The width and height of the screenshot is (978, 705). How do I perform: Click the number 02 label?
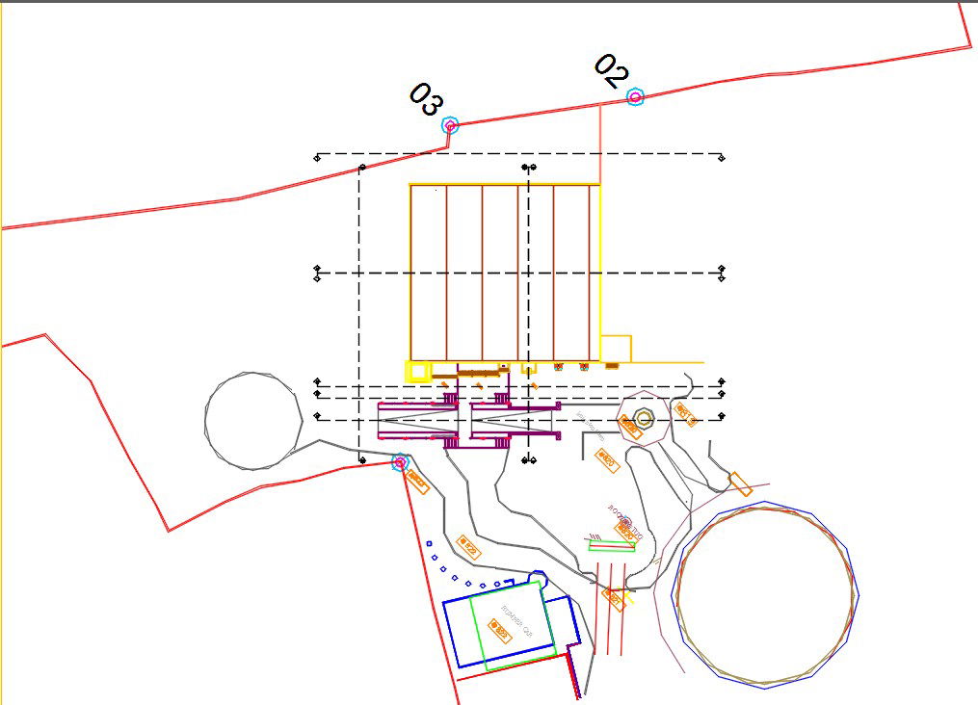click(x=611, y=70)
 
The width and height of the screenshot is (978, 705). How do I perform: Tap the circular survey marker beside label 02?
click(x=634, y=96)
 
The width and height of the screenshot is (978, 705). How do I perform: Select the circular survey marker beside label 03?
click(x=449, y=125)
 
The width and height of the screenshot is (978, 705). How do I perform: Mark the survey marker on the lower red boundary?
click(x=400, y=463)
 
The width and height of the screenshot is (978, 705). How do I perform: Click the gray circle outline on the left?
click(x=253, y=421)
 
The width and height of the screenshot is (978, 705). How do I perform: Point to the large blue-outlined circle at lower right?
click(x=767, y=594)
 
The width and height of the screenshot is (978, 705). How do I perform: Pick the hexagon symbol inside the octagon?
click(x=645, y=418)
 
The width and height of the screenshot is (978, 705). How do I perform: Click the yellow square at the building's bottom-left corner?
click(x=417, y=371)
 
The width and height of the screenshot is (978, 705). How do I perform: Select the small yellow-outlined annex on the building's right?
click(x=615, y=348)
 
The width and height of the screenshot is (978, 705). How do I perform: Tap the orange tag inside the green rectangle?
click(x=499, y=631)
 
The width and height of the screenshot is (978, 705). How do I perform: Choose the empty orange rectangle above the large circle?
click(x=741, y=483)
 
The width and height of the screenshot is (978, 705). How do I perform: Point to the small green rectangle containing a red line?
click(x=612, y=545)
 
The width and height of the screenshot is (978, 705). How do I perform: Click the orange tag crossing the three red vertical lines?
click(x=613, y=598)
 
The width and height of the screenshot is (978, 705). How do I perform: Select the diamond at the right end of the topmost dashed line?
click(x=723, y=155)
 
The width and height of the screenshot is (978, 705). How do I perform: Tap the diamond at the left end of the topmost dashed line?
click(x=317, y=156)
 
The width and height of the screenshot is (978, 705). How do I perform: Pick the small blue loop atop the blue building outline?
click(x=538, y=578)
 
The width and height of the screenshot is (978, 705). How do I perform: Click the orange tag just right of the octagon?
click(x=685, y=414)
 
